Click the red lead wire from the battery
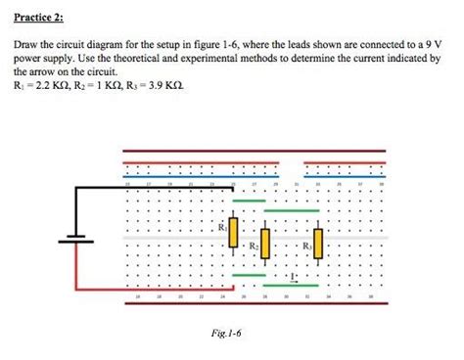(x=147, y=289)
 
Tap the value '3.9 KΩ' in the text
(x=162, y=85)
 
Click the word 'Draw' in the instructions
(x=24, y=45)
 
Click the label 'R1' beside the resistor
(x=223, y=227)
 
